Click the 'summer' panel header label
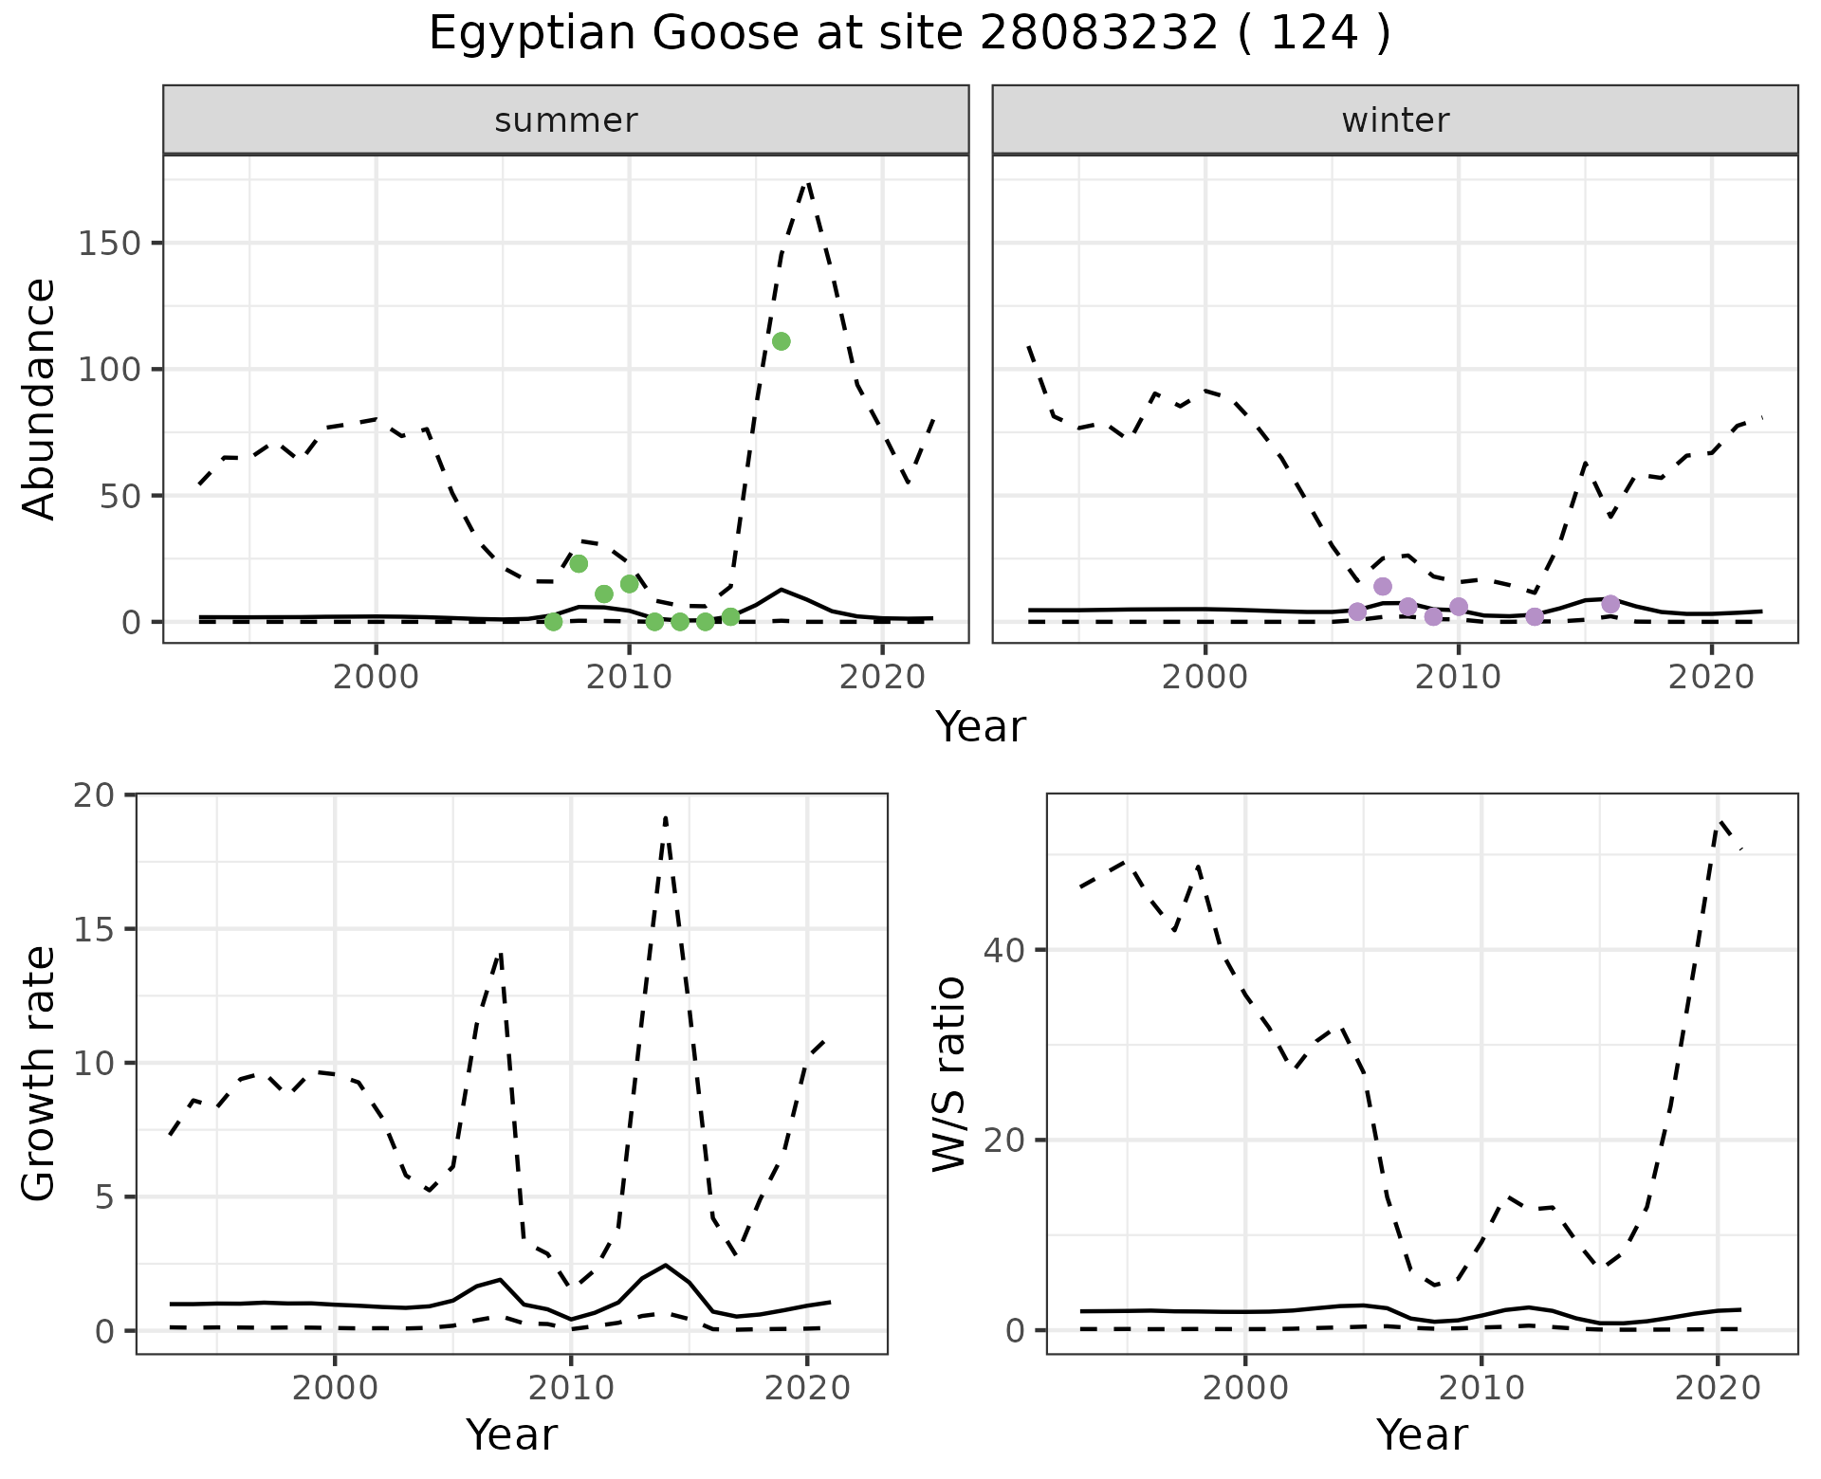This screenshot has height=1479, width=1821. click(x=566, y=120)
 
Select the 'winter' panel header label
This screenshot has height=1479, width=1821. click(x=1395, y=120)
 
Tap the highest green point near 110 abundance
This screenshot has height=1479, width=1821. click(x=781, y=341)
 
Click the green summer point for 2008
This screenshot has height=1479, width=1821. click(x=579, y=564)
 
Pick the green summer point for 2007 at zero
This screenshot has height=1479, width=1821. click(x=553, y=622)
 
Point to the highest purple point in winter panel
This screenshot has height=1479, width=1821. click(x=1382, y=586)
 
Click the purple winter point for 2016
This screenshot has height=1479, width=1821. click(x=1609, y=604)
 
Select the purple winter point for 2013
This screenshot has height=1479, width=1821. click(x=1535, y=616)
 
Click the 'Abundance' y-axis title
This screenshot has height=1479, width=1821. click(x=40, y=399)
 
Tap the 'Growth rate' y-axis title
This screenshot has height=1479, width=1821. click(x=40, y=1073)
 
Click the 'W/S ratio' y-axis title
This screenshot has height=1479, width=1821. click(x=949, y=1073)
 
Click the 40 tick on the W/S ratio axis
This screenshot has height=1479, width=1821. click(x=1007, y=950)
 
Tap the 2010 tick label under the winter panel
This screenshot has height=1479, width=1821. click(x=1459, y=678)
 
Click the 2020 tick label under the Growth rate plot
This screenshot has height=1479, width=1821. click(x=806, y=1389)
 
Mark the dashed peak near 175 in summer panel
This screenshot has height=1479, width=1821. click(x=806, y=182)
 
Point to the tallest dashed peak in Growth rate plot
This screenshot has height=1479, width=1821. click(x=666, y=817)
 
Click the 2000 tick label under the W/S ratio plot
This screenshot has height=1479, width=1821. click(x=1244, y=1389)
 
